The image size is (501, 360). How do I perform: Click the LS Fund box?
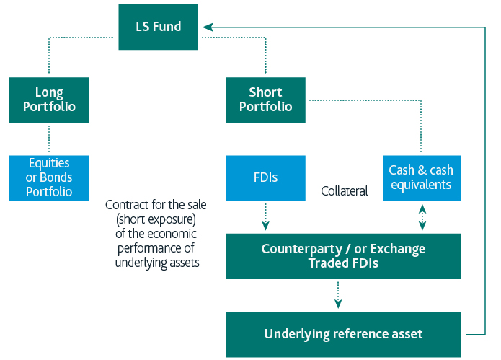(159, 27)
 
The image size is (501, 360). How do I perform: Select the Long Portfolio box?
(49, 100)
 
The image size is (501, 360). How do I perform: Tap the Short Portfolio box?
(265, 100)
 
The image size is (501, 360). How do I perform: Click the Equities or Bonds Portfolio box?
(49, 177)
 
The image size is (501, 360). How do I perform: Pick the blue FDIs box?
(265, 177)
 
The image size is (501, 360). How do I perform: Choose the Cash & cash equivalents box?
(420, 177)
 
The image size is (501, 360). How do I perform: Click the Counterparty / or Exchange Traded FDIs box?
(342, 256)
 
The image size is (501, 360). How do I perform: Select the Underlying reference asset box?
(342, 333)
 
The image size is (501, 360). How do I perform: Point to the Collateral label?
(345, 191)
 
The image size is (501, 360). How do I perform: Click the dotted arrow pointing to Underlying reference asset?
(337, 294)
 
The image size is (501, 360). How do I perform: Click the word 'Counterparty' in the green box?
(298, 249)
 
